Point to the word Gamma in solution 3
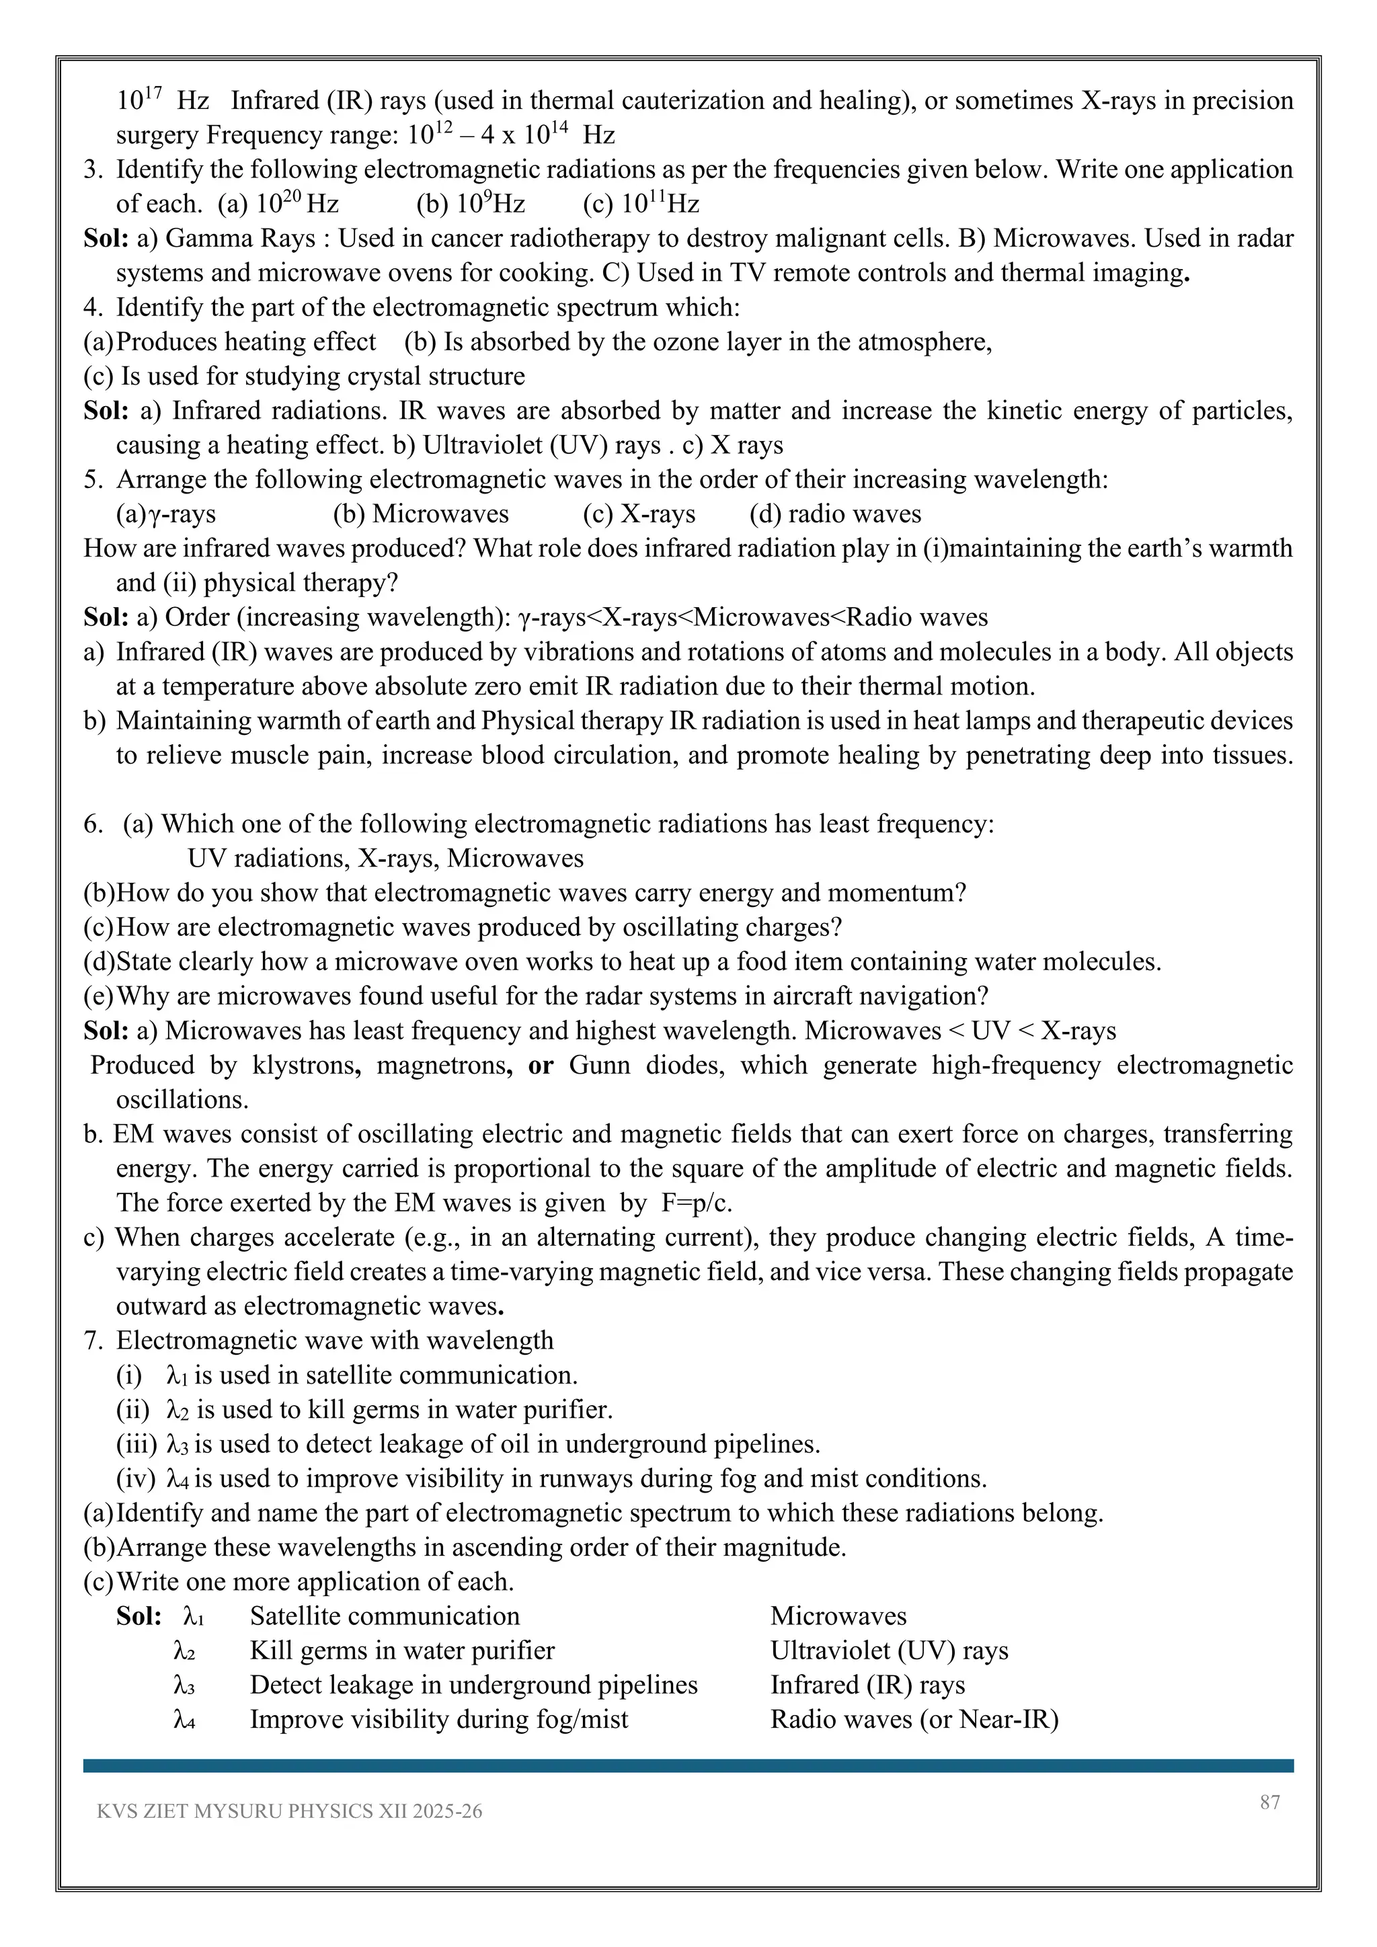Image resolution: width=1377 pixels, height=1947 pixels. (x=201, y=238)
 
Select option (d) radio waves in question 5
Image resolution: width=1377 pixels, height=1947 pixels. (x=835, y=514)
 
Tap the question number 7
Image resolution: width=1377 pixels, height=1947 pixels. (x=91, y=1341)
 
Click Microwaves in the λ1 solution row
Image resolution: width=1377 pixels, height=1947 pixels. (x=838, y=1616)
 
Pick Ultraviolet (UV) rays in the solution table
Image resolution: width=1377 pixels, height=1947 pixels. (x=889, y=1651)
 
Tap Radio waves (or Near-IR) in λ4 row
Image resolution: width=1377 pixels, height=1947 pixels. (x=914, y=1720)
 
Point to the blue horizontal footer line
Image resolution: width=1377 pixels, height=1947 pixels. (x=688, y=1765)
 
